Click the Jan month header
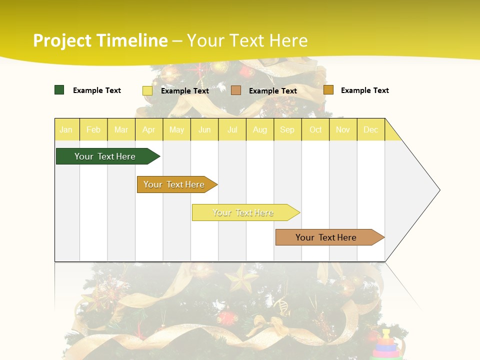[x=66, y=129]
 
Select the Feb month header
[x=93, y=129]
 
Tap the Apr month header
[x=148, y=129]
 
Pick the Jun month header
[x=204, y=129]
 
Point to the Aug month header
[x=259, y=129]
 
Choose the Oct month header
[x=315, y=129]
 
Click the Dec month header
[x=370, y=129]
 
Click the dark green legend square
[x=59, y=90]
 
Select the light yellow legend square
[x=147, y=90]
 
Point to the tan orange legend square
[x=236, y=90]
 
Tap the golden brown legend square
[x=328, y=90]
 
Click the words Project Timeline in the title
[x=100, y=40]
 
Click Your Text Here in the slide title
[x=247, y=40]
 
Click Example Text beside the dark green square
[x=97, y=90]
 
